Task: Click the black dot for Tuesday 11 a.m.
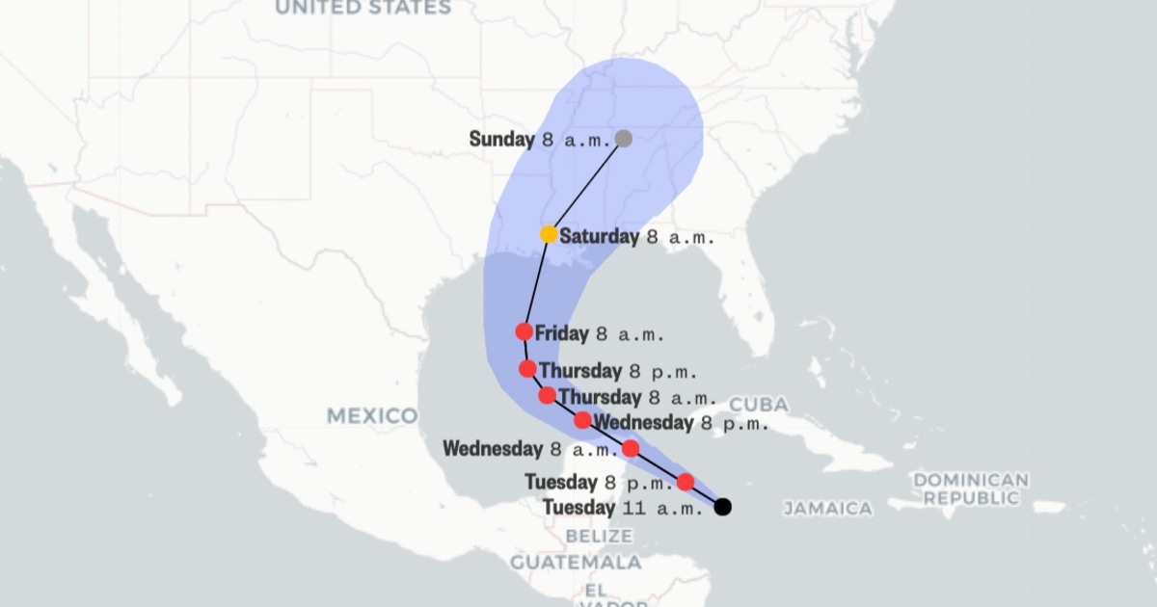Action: pos(722,507)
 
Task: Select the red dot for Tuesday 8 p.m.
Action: pos(686,482)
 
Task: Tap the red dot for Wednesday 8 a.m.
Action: pos(631,448)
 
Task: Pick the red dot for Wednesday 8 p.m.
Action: pos(583,420)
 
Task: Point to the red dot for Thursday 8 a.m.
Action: pos(547,395)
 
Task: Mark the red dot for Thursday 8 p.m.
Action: pos(527,368)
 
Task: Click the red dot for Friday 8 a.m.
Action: pos(524,331)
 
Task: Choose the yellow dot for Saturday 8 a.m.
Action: pos(549,234)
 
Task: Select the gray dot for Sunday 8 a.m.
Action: pos(623,138)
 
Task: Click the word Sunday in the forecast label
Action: pos(501,139)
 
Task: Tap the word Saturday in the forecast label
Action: pos(599,236)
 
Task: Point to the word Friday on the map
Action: pos(561,334)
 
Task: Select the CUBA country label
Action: pos(759,404)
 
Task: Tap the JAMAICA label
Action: pos(827,508)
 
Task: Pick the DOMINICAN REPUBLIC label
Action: pos(970,488)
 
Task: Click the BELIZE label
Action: pos(599,536)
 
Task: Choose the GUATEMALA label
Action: pos(576,562)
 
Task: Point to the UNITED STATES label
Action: pos(363,8)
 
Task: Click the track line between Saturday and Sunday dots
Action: pos(586,186)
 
